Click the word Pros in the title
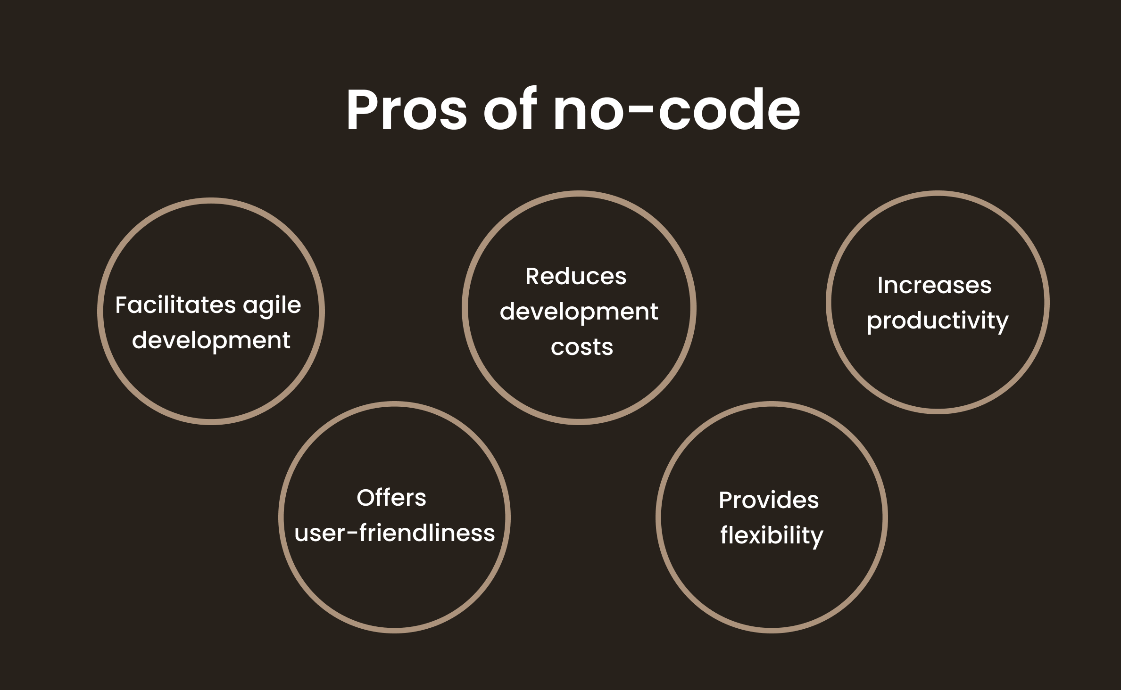click(x=407, y=109)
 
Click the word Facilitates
click(x=175, y=304)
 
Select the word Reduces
click(x=576, y=276)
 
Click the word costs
click(x=582, y=348)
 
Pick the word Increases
click(x=934, y=285)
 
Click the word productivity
click(x=938, y=321)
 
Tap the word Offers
click(x=391, y=498)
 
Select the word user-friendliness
click(x=395, y=533)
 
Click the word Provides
click(x=769, y=500)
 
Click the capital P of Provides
click(x=726, y=500)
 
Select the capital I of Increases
click(x=880, y=285)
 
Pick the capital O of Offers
click(x=367, y=498)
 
